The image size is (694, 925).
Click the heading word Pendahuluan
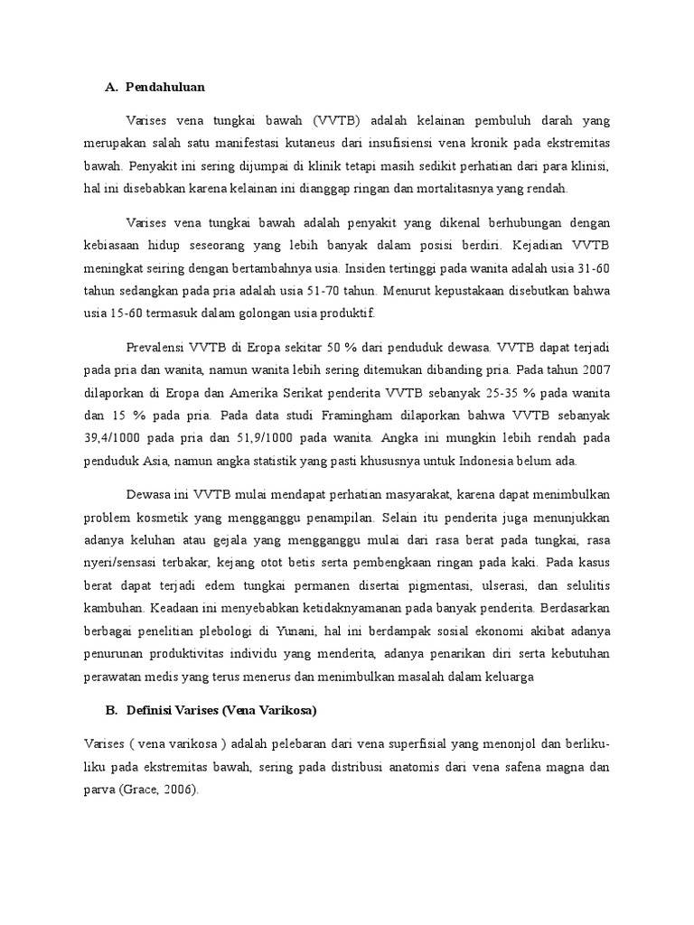pos(165,87)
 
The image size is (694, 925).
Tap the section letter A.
pos(111,87)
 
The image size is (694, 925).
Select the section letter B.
pos(110,710)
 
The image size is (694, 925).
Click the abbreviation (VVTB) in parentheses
pos(339,120)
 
